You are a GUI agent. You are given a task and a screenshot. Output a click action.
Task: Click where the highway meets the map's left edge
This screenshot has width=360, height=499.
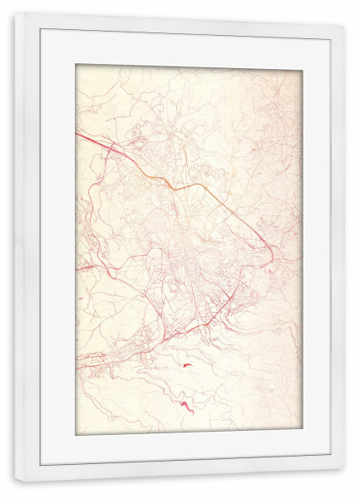pos(77,134)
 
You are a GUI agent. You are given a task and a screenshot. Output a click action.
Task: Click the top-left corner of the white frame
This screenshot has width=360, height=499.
pos(16,14)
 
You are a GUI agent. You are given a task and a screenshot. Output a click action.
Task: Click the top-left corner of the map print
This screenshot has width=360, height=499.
pos(76,65)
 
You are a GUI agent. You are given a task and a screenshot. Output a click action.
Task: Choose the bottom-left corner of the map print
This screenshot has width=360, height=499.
pos(76,435)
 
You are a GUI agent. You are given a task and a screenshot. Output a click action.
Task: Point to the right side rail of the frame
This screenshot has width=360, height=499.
pos(337,249)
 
